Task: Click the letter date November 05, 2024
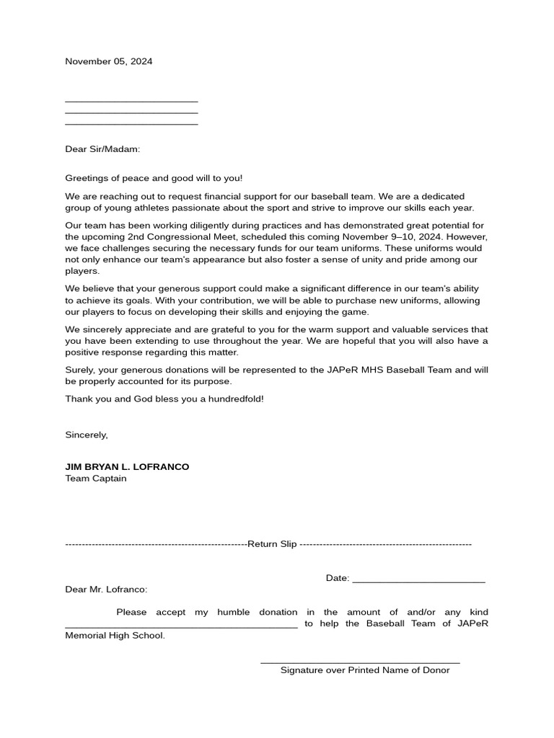[x=108, y=61]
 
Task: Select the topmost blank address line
[x=131, y=102]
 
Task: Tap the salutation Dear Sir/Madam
[x=102, y=149]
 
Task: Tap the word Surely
[x=80, y=370]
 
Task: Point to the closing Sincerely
[x=86, y=435]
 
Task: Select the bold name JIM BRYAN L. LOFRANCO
[x=127, y=467]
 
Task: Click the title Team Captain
[x=96, y=478]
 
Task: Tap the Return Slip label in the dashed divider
[x=272, y=544]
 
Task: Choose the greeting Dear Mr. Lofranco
[x=106, y=590]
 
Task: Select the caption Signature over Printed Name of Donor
[x=365, y=670]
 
